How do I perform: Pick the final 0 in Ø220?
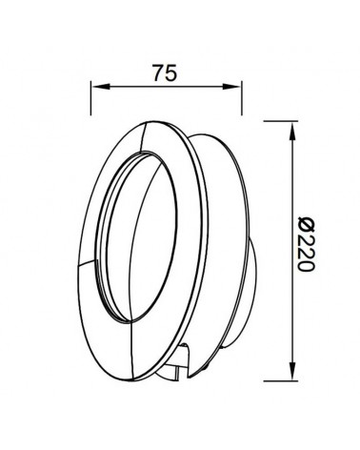click(x=305, y=267)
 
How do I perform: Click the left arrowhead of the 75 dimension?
click(x=95, y=87)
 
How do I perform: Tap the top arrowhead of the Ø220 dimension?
click(x=289, y=125)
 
